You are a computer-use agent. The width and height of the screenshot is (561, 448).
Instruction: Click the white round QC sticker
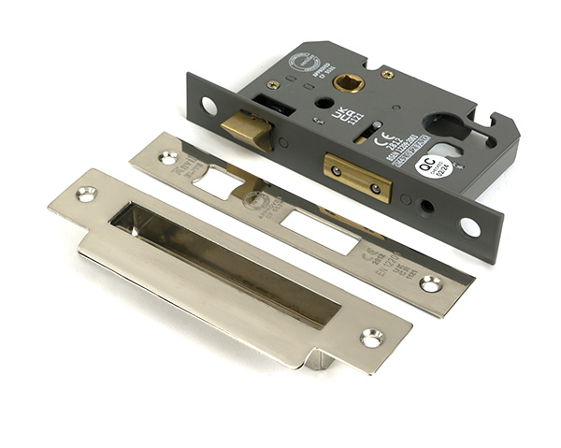(x=426, y=166)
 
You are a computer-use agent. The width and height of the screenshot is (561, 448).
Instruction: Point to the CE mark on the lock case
(x=381, y=142)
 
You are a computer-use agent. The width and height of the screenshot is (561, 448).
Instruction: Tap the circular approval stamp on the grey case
(x=305, y=63)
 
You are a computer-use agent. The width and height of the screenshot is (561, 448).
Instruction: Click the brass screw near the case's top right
(x=388, y=74)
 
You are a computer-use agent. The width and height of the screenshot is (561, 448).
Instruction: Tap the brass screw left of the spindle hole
(x=273, y=84)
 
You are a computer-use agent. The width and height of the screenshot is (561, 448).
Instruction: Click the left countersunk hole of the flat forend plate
(x=168, y=158)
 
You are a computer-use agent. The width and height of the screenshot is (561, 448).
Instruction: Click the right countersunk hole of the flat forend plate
(x=432, y=282)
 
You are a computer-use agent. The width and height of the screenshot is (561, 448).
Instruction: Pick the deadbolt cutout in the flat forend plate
(x=318, y=230)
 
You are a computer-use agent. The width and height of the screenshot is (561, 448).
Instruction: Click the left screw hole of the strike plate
(x=86, y=194)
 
